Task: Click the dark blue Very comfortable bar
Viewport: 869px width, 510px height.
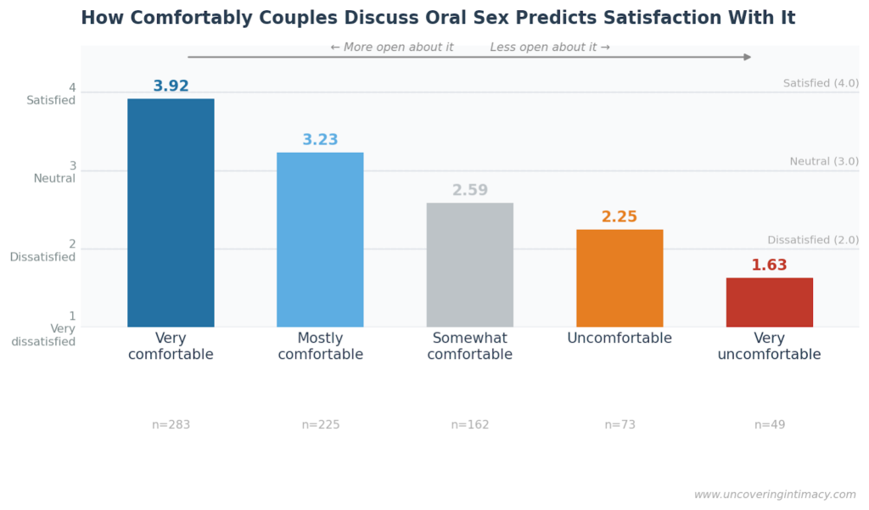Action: [171, 213]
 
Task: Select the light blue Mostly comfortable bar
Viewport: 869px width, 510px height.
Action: [320, 240]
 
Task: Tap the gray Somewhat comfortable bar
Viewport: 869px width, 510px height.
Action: [469, 265]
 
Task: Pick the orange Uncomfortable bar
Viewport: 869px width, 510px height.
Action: [620, 278]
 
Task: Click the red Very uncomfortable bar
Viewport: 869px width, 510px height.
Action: [769, 302]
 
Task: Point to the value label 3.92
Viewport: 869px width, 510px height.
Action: [171, 87]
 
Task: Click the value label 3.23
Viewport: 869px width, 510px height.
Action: [320, 140]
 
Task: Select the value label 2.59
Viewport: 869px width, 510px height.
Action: [469, 191]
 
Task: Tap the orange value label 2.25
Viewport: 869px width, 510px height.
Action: [620, 217]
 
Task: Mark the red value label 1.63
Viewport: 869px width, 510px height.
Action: [769, 266]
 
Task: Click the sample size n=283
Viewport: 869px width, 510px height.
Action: [171, 425]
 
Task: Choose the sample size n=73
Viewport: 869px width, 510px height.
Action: [620, 425]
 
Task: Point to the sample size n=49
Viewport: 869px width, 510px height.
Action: [769, 425]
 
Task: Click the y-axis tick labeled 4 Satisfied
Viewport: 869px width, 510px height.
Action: [53, 94]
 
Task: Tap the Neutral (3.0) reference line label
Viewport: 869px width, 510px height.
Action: [823, 162]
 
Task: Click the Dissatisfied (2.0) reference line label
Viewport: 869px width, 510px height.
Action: [812, 240]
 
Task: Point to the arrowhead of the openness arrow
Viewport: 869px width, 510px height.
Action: [748, 57]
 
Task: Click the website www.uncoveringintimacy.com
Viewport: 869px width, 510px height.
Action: [775, 495]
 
